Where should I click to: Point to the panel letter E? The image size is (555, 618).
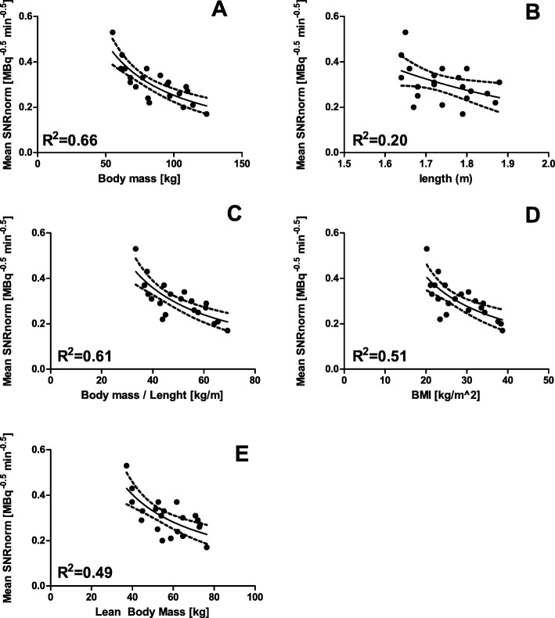coord(221,455)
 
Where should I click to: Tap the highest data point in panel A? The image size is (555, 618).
coord(112,32)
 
